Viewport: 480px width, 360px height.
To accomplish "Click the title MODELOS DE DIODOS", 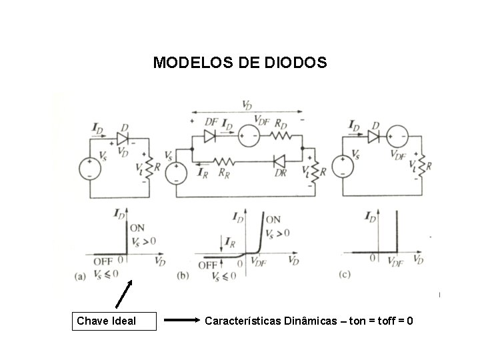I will pyautogui.click(x=239, y=63).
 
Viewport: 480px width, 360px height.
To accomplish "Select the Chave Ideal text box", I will pyautogui.click(x=114, y=321).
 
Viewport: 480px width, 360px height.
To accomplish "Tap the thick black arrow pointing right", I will pyautogui.click(x=179, y=321).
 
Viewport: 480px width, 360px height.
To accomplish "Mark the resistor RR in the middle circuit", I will pyautogui.click(x=222, y=161).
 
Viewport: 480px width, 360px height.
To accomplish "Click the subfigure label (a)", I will pyautogui.click(x=81, y=275).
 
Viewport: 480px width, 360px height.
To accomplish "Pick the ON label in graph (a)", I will pyautogui.click(x=137, y=228).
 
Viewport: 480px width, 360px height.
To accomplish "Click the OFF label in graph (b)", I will pyautogui.click(x=207, y=265).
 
